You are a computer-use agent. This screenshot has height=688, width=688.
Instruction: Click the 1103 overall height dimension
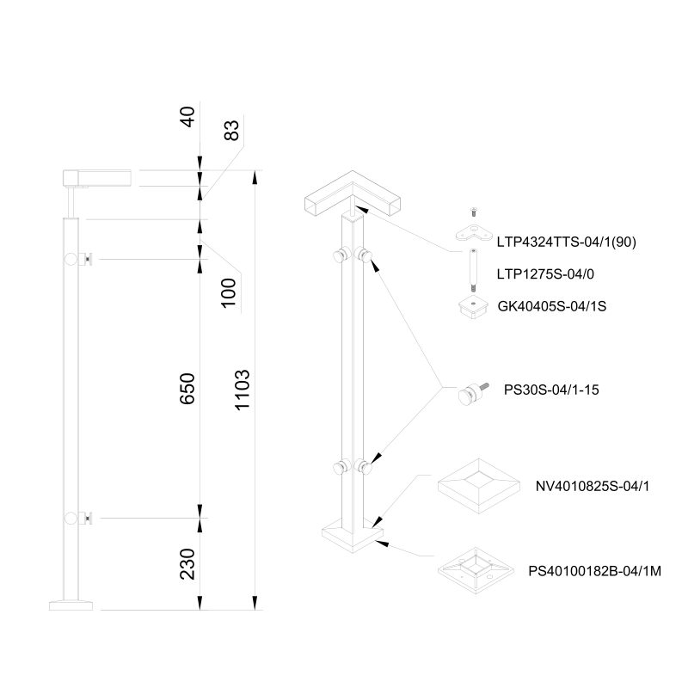(242, 392)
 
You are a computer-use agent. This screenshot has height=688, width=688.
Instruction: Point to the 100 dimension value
(228, 292)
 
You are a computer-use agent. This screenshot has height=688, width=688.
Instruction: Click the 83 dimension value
(229, 131)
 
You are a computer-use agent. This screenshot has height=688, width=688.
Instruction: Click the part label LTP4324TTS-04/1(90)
(565, 243)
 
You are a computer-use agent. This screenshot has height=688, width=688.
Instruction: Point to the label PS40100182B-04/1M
(599, 570)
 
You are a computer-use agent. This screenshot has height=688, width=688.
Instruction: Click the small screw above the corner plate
(472, 212)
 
